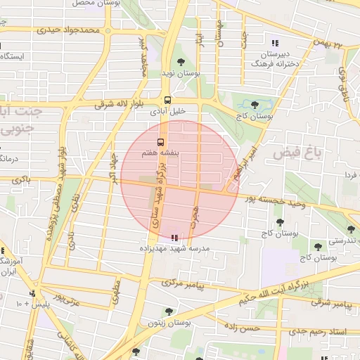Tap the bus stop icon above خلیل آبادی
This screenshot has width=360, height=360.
[x=167, y=100]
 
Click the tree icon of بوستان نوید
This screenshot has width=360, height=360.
[x=181, y=63]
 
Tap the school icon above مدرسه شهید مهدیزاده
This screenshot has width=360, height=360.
[x=174, y=238]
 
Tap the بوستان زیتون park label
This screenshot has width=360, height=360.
[x=169, y=323]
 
